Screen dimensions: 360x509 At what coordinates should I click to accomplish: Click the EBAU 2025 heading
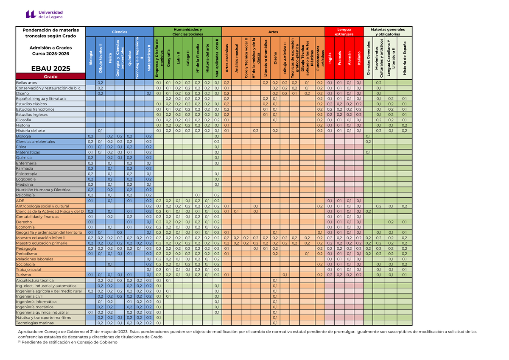pyautogui.click(x=50, y=68)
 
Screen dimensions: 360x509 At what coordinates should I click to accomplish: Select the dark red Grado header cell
pyautogui.click(x=50, y=76)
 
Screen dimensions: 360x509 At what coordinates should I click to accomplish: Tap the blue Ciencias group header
pyautogui.click(x=119, y=32)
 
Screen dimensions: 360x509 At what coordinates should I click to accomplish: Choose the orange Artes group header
pyautogui.click(x=273, y=32)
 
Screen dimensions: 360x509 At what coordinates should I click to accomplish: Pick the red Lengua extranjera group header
pyautogui.click(x=344, y=32)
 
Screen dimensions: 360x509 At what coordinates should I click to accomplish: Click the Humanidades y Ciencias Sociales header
pyautogui.click(x=187, y=32)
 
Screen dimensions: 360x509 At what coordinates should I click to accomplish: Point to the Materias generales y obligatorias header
pyautogui.click(x=388, y=32)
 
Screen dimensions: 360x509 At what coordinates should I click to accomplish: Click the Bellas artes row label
pyautogui.click(x=27, y=83)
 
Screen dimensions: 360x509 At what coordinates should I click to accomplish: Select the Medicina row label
pyautogui.click(x=24, y=184)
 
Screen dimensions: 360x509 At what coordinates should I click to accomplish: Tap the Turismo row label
pyautogui.click(x=23, y=275)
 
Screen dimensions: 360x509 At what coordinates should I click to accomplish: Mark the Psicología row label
pyautogui.click(x=25, y=195)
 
